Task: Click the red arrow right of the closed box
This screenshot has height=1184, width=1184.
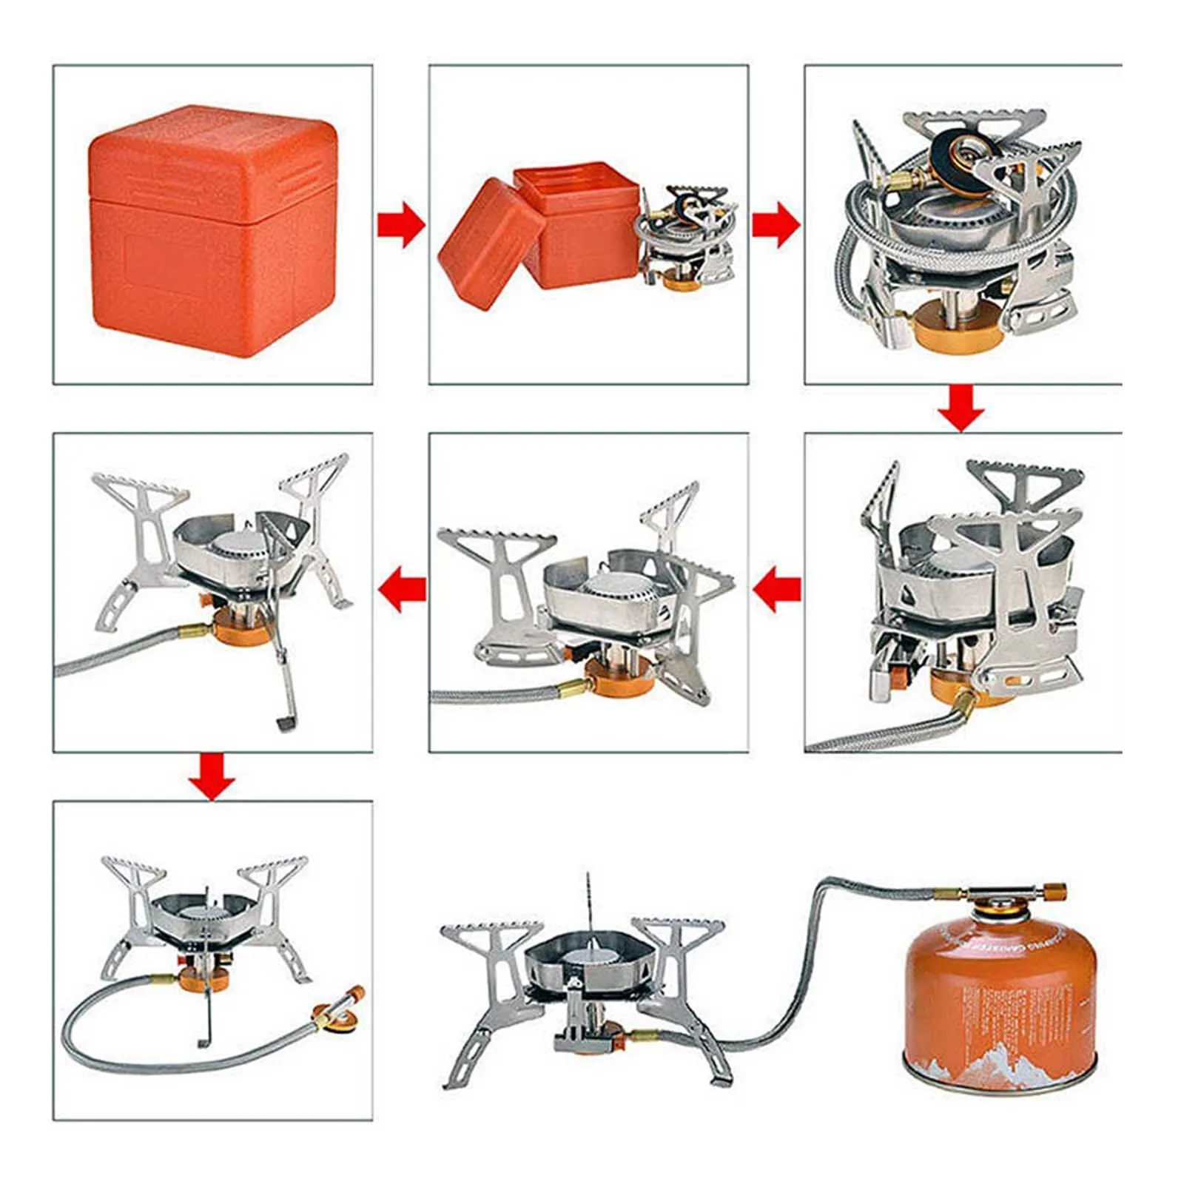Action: coord(400,225)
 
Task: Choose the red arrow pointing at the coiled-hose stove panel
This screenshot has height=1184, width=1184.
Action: coord(776,225)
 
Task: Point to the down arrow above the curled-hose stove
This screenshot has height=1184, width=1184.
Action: coord(212,776)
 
